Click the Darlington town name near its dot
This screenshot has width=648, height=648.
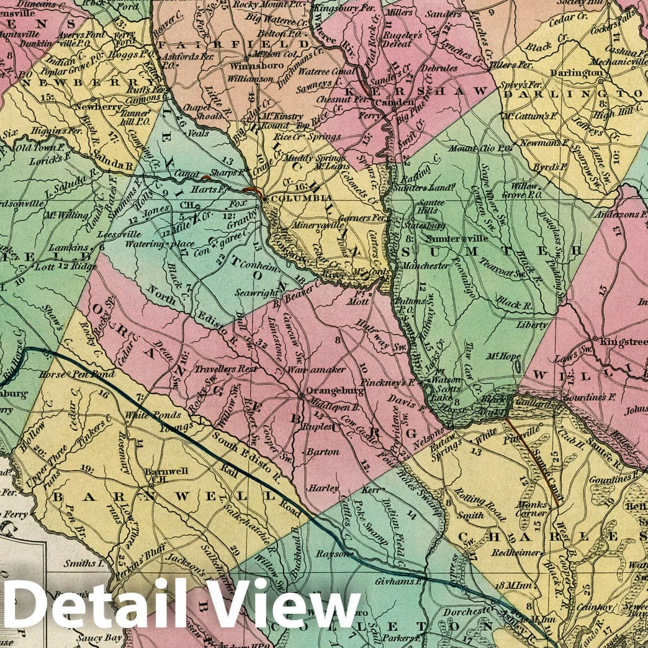pos(580,72)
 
